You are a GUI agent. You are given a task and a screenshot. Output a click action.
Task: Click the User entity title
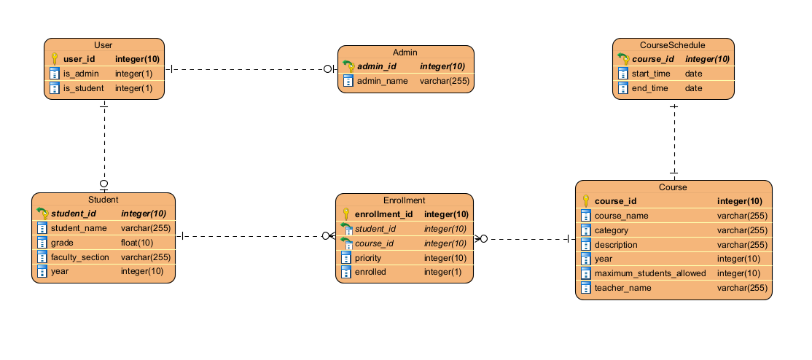104,45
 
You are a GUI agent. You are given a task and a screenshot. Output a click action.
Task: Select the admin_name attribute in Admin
382,81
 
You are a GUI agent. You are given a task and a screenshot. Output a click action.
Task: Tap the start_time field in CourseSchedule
649,74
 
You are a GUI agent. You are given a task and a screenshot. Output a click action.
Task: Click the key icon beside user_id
55,59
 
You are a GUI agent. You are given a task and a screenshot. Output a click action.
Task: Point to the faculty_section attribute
79,257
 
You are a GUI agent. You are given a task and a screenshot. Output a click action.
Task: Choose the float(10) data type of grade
136,243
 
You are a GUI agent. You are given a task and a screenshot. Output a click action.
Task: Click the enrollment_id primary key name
383,214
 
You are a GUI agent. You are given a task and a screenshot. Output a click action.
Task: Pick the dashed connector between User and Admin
248,69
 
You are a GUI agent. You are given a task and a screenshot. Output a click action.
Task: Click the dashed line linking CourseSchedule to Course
674,138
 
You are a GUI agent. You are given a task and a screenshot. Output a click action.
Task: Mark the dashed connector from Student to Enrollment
251,236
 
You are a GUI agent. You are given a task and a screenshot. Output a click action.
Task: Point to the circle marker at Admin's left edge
328,69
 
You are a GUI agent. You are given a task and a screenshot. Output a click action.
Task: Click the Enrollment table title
404,200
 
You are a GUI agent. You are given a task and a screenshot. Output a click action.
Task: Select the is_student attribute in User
83,88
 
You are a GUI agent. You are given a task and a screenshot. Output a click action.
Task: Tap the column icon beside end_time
623,88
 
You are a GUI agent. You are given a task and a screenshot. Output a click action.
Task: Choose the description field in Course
616,245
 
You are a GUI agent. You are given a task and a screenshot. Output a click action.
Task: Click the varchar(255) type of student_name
145,228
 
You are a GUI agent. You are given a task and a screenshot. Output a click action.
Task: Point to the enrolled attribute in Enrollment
372,272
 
